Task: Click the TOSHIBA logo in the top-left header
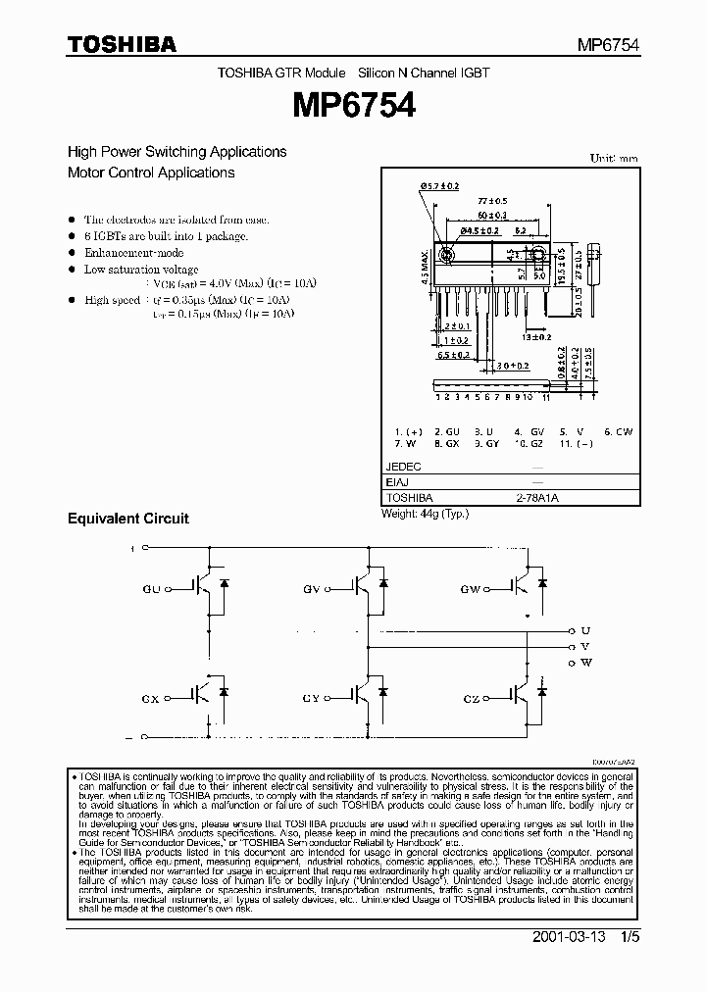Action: tap(122, 44)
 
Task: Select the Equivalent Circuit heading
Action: tap(127, 518)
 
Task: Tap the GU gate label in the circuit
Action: tap(151, 589)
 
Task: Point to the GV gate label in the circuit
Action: tap(313, 589)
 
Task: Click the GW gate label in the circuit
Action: tap(471, 589)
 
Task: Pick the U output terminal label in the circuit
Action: tap(585, 630)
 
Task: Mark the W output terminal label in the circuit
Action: tap(586, 663)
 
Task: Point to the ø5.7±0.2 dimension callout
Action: tap(440, 185)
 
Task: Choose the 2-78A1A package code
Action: tap(535, 498)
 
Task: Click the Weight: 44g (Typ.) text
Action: tap(426, 513)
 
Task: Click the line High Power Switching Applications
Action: tap(176, 152)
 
